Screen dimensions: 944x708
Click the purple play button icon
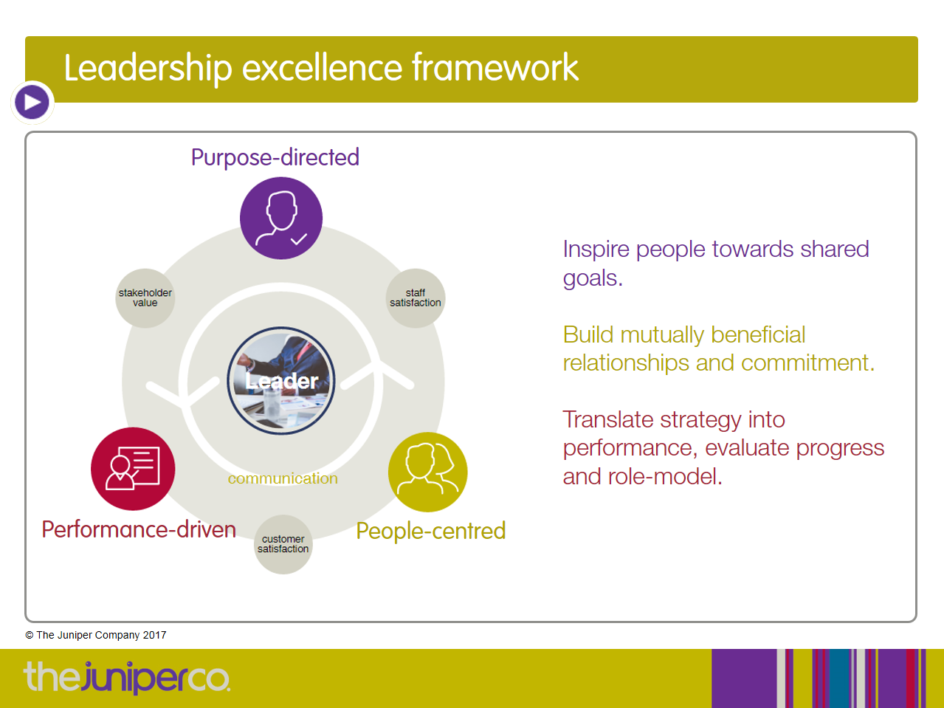[x=32, y=103]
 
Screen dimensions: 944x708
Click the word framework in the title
[x=495, y=67]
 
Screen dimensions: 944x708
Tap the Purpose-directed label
[x=275, y=157]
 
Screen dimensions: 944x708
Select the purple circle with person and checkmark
[x=281, y=218]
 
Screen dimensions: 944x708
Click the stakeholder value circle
[x=145, y=298]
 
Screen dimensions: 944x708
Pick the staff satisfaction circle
[x=415, y=298]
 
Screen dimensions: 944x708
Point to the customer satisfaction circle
[x=283, y=544]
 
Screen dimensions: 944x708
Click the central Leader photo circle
[x=281, y=381]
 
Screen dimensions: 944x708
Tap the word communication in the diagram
[x=283, y=478]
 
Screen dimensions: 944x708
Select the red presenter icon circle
[x=133, y=468]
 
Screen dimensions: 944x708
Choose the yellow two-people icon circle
[x=428, y=472]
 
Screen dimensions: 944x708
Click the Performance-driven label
[x=139, y=529]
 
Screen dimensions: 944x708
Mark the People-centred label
[x=431, y=531]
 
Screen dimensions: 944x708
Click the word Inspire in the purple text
[x=596, y=250]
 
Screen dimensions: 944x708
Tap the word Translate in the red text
[x=607, y=419]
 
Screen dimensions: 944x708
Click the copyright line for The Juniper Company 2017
[x=95, y=636]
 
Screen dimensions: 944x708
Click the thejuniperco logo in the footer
[x=127, y=678]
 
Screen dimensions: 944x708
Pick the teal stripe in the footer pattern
[x=839, y=678]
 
